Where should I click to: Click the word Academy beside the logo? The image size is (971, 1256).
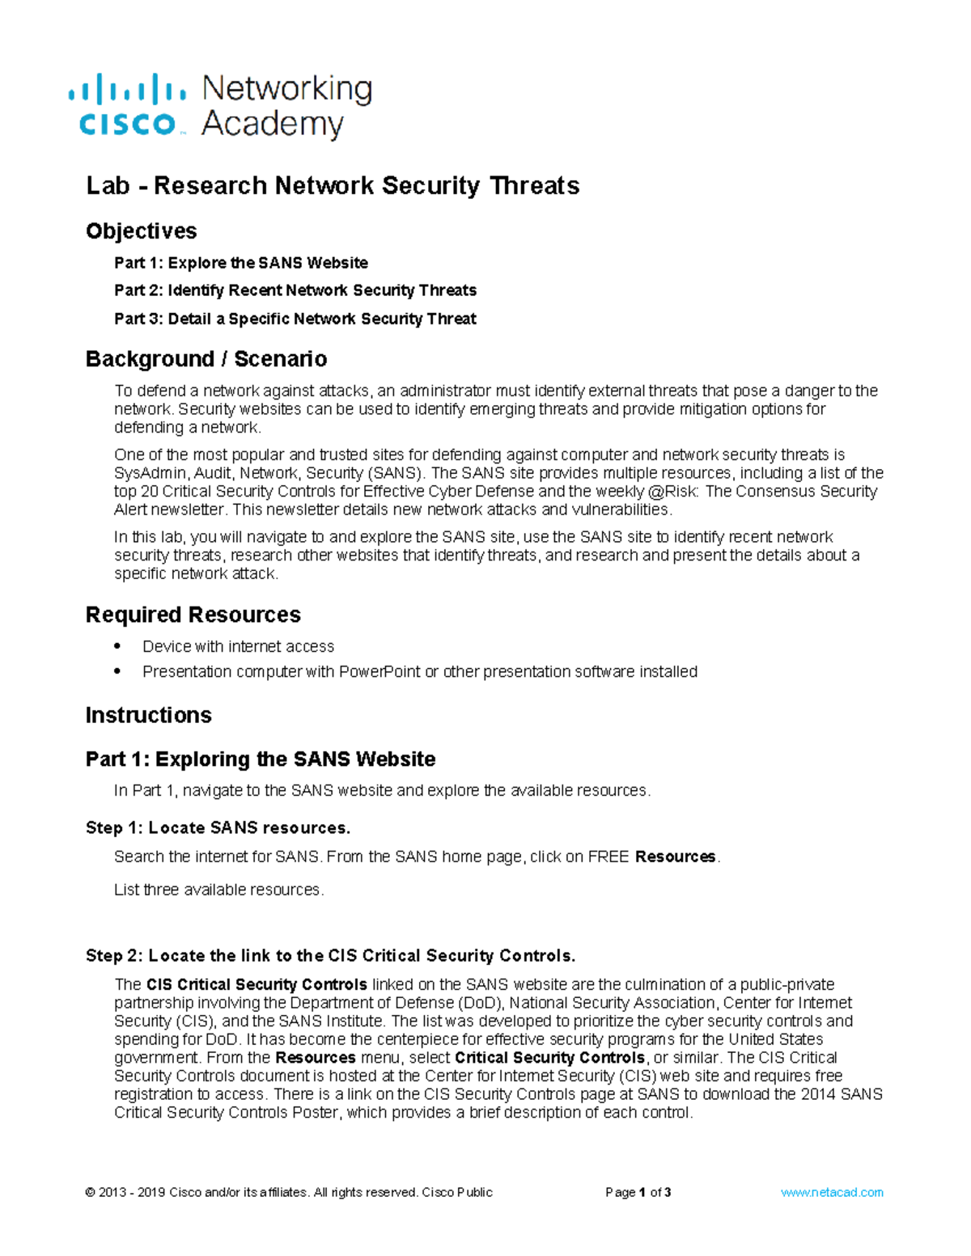click(x=273, y=125)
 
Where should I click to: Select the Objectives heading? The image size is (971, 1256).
click(x=142, y=231)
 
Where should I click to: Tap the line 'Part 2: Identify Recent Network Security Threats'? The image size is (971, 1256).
click(x=295, y=290)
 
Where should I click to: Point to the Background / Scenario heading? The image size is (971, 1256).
click(x=206, y=359)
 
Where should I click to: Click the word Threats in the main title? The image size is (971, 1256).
click(x=535, y=186)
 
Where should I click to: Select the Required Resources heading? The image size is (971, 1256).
click(x=193, y=615)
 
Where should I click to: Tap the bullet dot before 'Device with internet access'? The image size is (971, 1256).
click(x=118, y=646)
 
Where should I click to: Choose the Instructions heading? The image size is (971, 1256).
click(x=149, y=715)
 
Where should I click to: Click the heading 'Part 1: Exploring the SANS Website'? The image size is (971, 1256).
click(x=261, y=759)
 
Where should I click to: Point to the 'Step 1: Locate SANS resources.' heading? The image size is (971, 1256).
click(x=218, y=828)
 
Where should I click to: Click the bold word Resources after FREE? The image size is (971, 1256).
click(x=676, y=857)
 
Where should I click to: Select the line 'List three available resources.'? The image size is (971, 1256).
click(x=218, y=890)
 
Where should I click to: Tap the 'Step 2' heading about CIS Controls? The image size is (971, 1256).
click(x=330, y=956)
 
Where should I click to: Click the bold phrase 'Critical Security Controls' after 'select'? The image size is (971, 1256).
click(x=549, y=1058)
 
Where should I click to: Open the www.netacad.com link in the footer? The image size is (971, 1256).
click(x=832, y=1192)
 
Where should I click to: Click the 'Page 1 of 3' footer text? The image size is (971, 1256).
click(x=638, y=1192)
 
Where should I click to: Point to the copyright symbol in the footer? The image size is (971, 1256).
click(x=91, y=1192)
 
